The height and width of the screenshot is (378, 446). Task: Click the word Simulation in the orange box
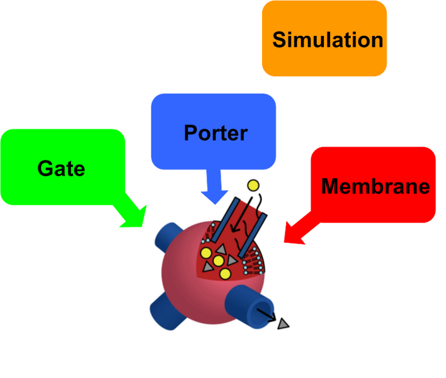(x=327, y=40)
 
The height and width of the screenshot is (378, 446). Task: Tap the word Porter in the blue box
(x=215, y=134)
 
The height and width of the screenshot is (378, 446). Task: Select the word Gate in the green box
(x=61, y=168)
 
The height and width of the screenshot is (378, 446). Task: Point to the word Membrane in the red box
(x=375, y=186)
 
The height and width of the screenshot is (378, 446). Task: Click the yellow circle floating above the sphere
(x=253, y=185)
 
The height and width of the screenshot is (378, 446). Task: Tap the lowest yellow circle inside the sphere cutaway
(x=224, y=273)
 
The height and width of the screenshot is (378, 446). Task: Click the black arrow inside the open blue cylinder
(x=267, y=316)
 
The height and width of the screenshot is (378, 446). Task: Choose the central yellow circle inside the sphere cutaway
(x=219, y=261)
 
